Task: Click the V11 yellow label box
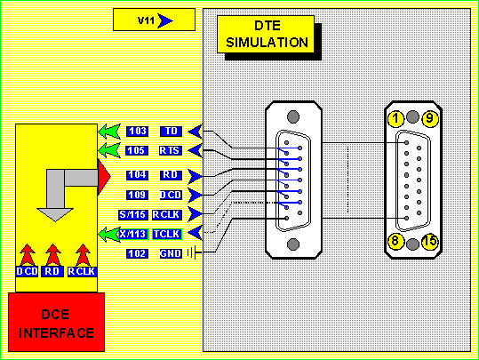[154, 20]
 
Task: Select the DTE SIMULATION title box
[266, 35]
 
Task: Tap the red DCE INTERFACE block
[56, 322]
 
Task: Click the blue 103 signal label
[138, 131]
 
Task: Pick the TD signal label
[171, 131]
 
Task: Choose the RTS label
[171, 150]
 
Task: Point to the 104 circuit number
[138, 175]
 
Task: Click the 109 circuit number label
[138, 195]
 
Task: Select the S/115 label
[133, 214]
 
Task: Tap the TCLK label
[167, 234]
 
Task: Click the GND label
[171, 253]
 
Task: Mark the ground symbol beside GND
[195, 253]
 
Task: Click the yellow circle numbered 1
[396, 118]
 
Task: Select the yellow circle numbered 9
[430, 118]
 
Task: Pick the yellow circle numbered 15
[430, 242]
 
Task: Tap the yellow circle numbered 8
[396, 242]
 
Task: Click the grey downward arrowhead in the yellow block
[55, 214]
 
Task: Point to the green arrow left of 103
[109, 132]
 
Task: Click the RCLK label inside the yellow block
[82, 271]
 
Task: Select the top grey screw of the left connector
[293, 116]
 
